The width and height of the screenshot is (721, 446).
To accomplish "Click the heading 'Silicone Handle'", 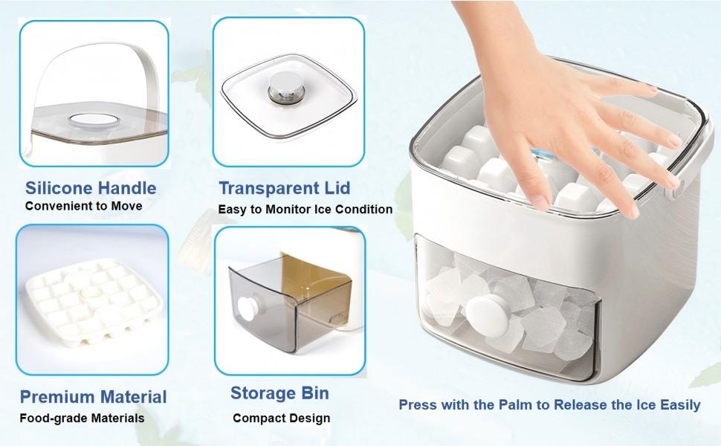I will tap(91, 187).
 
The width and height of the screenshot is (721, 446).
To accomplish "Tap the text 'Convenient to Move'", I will tap(83, 206).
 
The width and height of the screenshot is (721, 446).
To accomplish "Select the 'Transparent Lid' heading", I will tap(284, 187).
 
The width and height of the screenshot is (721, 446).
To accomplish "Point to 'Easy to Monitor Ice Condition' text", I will tap(305, 210).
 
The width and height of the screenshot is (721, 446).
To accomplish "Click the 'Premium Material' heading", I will tap(93, 396).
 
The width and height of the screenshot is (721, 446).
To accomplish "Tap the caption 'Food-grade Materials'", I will tap(82, 418).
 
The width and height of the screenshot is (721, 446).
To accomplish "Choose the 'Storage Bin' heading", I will tap(279, 392).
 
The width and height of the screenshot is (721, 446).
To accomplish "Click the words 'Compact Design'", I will tap(281, 418).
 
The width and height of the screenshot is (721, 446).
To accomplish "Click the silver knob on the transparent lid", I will tap(282, 91).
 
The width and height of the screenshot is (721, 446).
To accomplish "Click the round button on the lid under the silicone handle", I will tap(90, 123).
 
